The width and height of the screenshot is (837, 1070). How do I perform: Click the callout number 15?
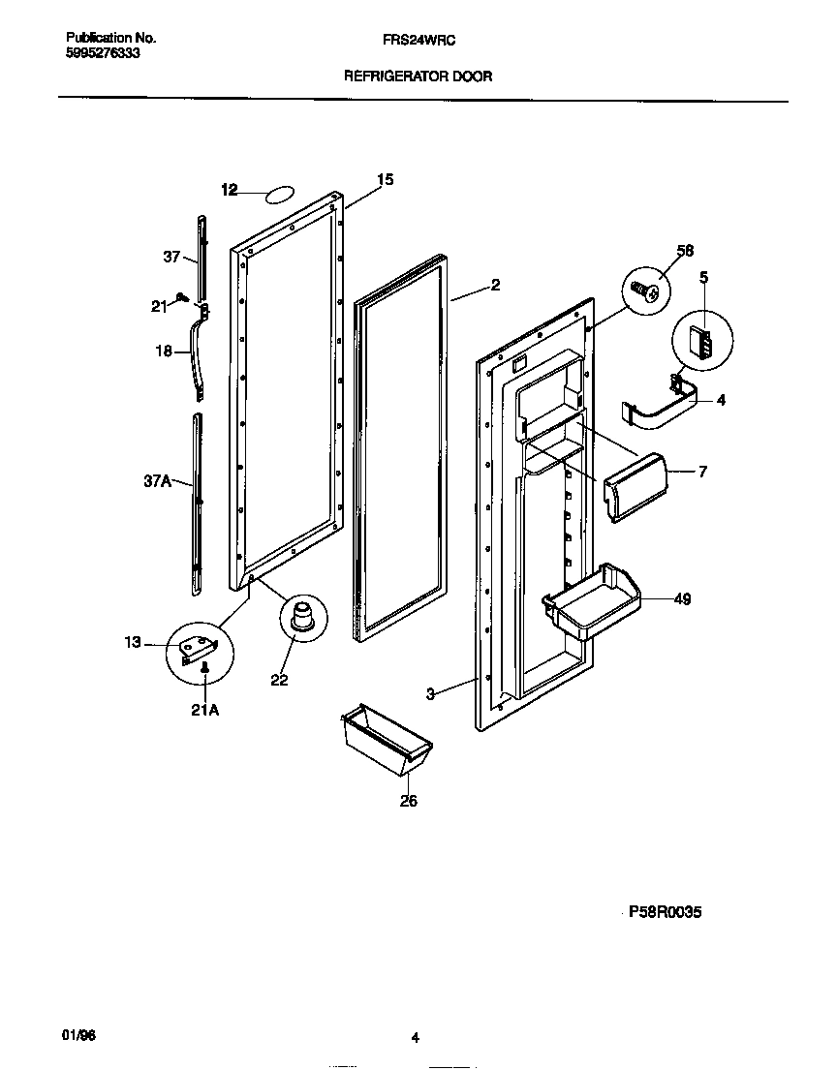pyautogui.click(x=386, y=179)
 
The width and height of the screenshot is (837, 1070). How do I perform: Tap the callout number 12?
pyautogui.click(x=229, y=191)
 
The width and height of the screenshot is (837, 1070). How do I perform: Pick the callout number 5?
pyautogui.click(x=703, y=277)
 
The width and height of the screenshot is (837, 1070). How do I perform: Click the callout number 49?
pyautogui.click(x=682, y=599)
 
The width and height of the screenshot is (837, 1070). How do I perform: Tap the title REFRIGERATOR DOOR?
pyautogui.click(x=418, y=76)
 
